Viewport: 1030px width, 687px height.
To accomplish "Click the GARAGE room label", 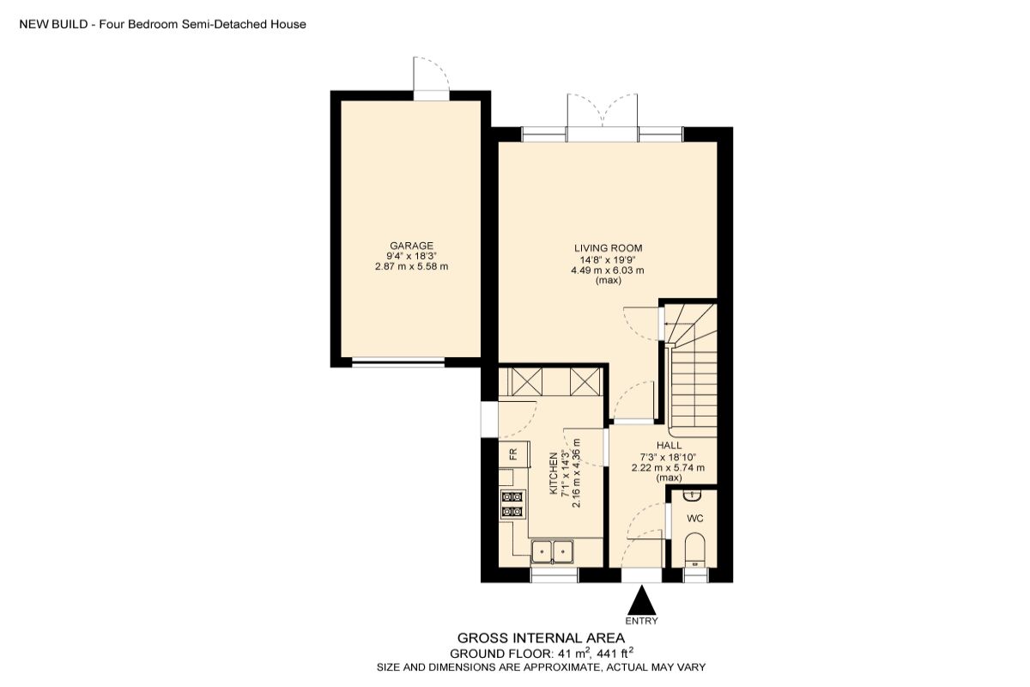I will click(x=411, y=246).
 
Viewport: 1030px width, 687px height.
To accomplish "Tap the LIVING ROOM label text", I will click(x=608, y=249).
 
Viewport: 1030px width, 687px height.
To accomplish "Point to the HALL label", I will click(x=669, y=446).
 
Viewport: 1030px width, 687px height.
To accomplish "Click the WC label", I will click(x=695, y=519).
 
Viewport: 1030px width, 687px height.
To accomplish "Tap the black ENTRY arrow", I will click(x=642, y=598).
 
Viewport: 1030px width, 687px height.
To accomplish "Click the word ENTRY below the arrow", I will click(x=642, y=621).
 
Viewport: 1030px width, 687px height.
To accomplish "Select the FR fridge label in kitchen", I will click(x=512, y=453).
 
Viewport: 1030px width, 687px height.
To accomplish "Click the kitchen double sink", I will click(x=553, y=550).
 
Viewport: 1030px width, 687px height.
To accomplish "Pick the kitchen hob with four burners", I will click(x=513, y=504).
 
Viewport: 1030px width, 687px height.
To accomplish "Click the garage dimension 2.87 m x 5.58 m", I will click(x=411, y=267).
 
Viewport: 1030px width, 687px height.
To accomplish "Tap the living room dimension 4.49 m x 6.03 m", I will click(x=608, y=271).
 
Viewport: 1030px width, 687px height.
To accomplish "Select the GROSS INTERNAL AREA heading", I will click(x=541, y=638).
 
